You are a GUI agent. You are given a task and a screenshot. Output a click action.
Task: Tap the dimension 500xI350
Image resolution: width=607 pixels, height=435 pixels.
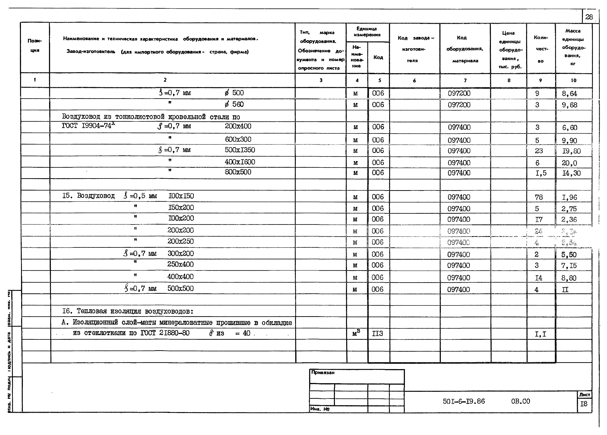click(240, 150)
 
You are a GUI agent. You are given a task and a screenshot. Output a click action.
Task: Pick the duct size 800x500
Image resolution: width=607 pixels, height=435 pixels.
click(238, 172)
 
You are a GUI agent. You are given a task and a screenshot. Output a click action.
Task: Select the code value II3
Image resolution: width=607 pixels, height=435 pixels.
click(377, 333)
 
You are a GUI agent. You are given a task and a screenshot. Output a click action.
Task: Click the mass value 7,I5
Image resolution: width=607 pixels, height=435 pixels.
click(569, 266)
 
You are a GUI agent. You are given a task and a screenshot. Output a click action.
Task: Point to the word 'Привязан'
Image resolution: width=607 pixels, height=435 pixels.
click(323, 372)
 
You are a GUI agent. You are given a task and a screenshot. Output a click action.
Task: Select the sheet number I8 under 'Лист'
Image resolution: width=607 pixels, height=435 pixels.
click(584, 404)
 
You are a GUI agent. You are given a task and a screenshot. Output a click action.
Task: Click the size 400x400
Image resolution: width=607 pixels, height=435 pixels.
click(180, 277)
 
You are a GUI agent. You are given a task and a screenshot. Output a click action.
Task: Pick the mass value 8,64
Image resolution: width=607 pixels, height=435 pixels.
click(570, 94)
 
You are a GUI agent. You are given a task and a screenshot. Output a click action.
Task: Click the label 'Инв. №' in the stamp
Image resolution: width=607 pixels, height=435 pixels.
click(320, 409)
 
